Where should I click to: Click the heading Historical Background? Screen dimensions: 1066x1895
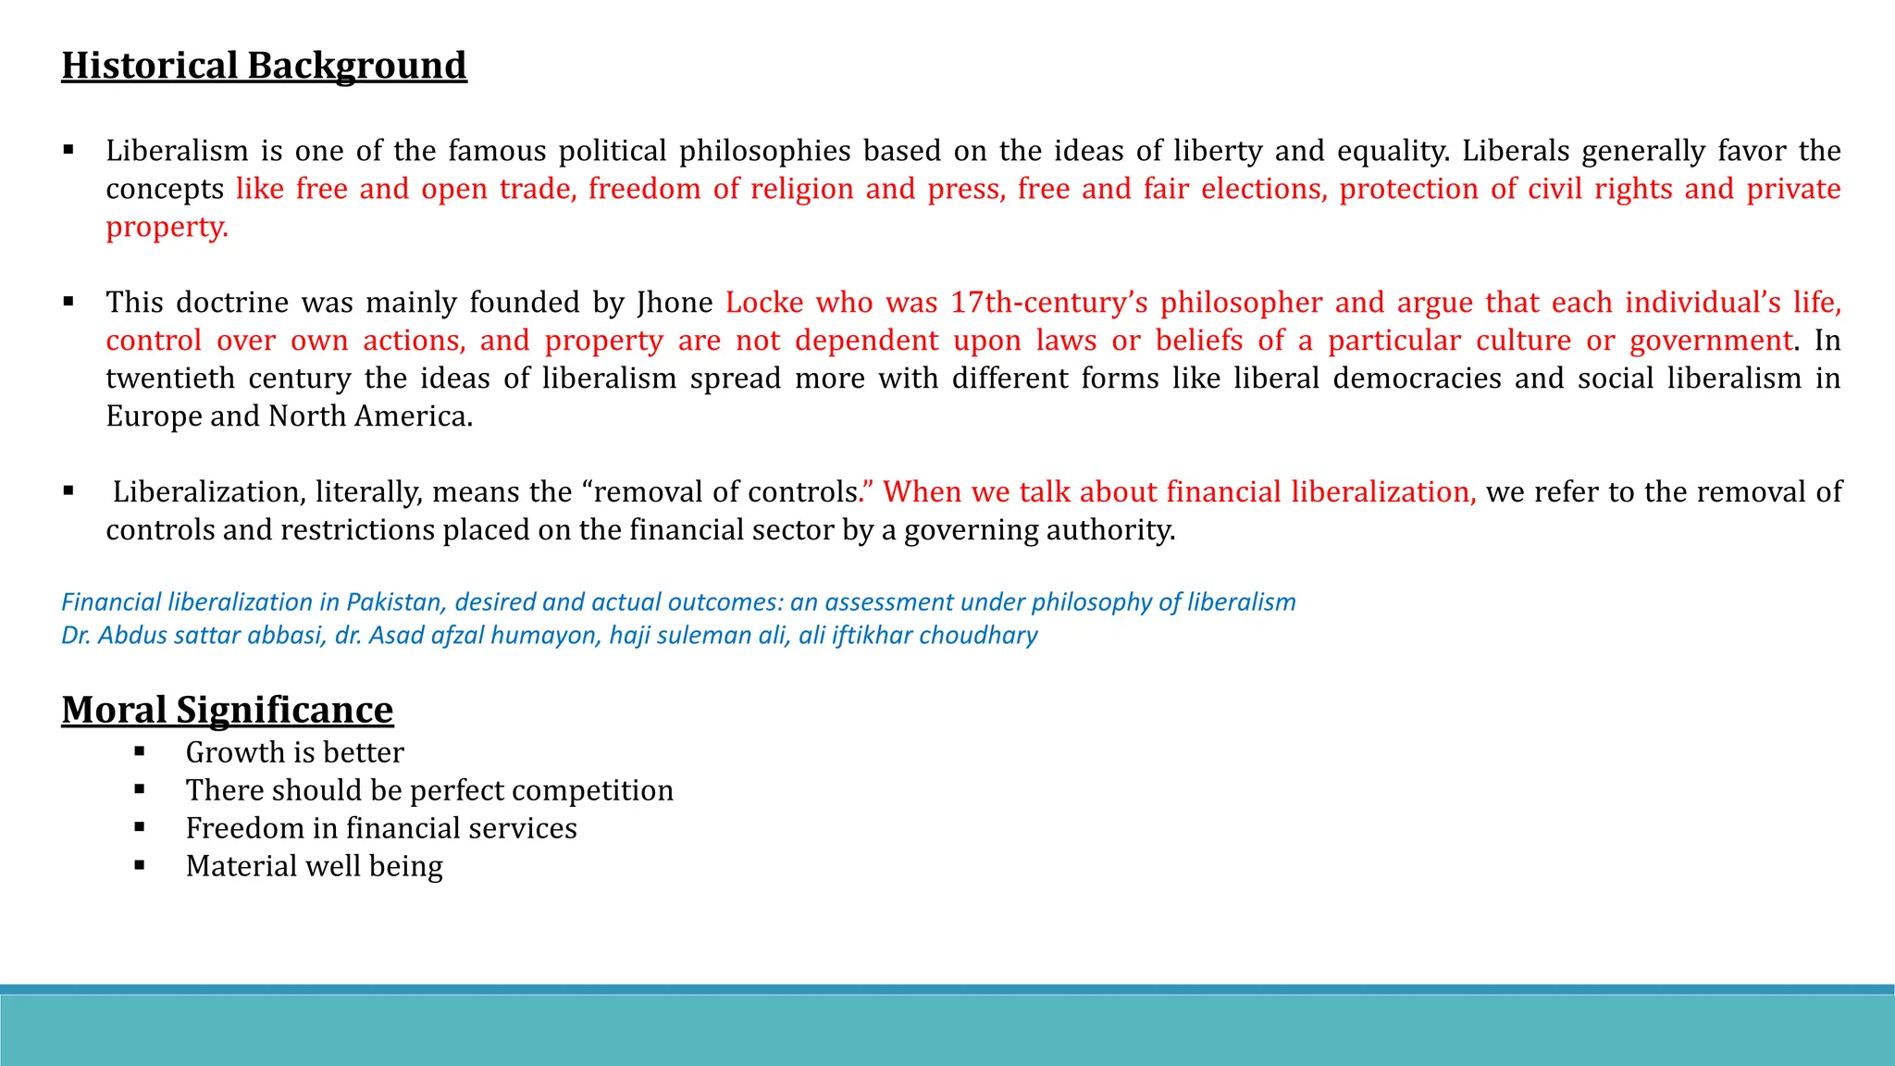pos(264,66)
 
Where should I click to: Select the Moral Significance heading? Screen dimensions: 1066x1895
pos(227,710)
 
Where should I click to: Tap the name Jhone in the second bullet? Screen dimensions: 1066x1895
pos(675,303)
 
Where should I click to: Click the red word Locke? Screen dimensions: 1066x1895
pos(764,303)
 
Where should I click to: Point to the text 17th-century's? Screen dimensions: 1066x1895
pos(1049,303)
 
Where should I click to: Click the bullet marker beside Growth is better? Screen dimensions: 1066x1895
pos(140,751)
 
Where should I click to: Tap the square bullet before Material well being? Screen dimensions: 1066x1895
pos(140,865)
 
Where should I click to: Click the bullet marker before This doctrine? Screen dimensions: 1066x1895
pos(68,302)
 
